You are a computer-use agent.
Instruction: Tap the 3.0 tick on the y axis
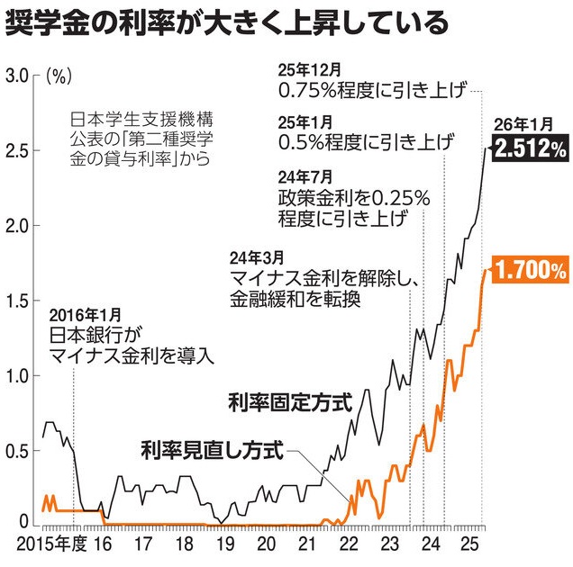19,75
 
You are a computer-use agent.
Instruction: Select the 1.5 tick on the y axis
19,300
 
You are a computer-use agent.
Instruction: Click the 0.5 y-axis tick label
19,449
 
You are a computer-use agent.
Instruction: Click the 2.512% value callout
527,148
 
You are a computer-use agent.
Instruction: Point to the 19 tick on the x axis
224,544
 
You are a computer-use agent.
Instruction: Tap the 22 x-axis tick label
347,544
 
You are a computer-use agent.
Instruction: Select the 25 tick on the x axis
468,544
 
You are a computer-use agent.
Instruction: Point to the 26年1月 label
519,123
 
